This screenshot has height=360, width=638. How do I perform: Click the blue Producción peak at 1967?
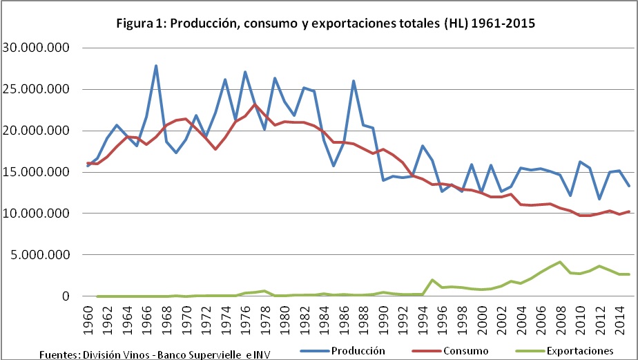pos(156,66)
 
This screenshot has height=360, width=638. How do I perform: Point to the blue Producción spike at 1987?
pos(354,81)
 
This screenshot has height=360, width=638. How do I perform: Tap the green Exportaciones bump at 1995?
pos(432,280)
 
